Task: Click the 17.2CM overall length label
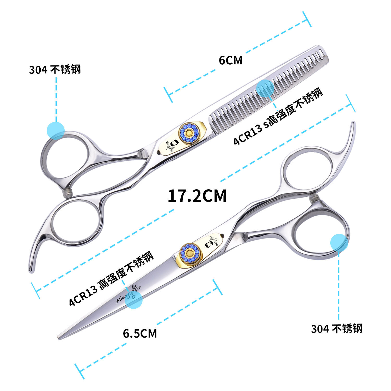tap(197, 196)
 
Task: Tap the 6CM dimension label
tap(230, 60)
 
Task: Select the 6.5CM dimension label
tap(140, 334)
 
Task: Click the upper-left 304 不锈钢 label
tap(55, 70)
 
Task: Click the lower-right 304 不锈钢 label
tap(337, 328)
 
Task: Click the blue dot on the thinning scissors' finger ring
tap(56, 130)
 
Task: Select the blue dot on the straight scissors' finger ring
tap(339, 243)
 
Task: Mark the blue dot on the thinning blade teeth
tap(265, 89)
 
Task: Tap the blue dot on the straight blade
tap(134, 300)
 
